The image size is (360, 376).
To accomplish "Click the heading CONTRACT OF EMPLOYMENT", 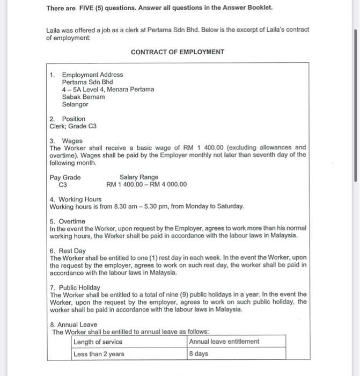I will (178, 52).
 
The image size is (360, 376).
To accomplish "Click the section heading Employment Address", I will (92, 75).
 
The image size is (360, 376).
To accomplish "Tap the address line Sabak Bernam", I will (83, 97).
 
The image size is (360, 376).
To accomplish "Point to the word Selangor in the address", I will (75, 104).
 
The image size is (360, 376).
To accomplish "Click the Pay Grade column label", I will (65, 177).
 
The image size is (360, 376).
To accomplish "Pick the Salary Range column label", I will (139, 177).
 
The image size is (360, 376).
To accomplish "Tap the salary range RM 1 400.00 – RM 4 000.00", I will (146, 185).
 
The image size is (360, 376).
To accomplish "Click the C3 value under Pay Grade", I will (63, 185).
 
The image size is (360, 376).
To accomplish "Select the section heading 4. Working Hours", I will (75, 199).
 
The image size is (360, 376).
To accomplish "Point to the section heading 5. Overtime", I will (67, 221).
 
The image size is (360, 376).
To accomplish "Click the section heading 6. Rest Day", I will (68, 251).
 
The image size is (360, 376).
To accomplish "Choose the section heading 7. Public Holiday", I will (75, 287).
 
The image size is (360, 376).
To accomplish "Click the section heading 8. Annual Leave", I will (74, 324).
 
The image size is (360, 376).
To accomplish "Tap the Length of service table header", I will (98, 342).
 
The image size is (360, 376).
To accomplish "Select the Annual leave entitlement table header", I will (224, 342).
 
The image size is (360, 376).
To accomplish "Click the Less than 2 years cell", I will (99, 354).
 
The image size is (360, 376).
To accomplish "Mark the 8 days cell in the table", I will (199, 354).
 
